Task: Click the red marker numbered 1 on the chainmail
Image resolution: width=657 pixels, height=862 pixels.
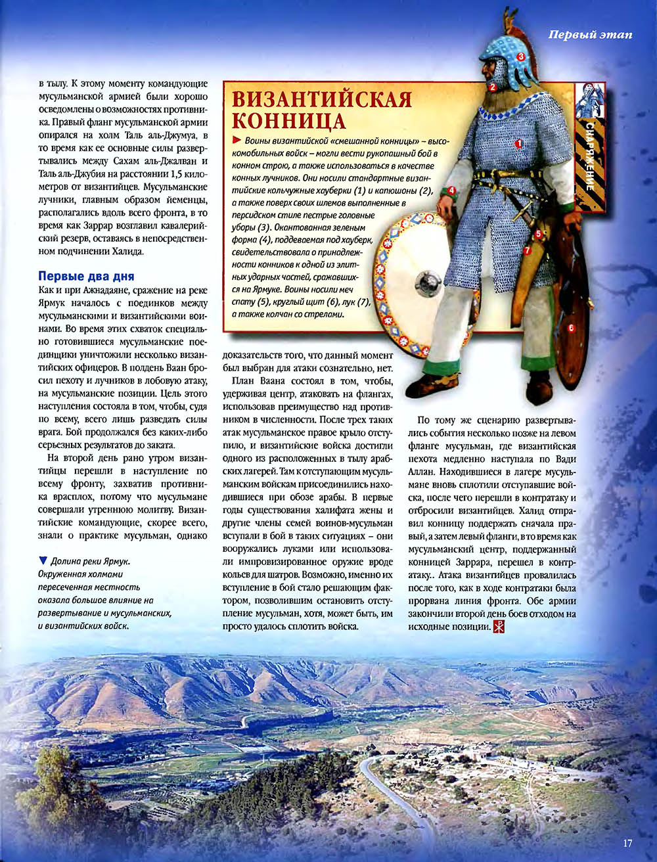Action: (518, 143)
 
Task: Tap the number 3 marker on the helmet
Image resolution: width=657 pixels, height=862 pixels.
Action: (520, 57)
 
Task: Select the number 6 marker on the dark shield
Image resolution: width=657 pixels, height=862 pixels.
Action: (571, 327)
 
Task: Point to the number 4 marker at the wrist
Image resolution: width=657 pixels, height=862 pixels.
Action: (452, 191)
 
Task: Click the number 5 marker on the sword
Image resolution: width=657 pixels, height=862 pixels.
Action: (537, 233)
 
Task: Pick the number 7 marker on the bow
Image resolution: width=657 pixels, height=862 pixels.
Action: (527, 250)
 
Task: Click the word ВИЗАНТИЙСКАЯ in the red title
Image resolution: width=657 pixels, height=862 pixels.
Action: (323, 99)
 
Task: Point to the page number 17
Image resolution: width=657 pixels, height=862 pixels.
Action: (627, 843)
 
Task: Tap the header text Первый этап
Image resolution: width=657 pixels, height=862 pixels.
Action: (590, 35)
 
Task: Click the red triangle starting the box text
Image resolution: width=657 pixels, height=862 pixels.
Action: (237, 141)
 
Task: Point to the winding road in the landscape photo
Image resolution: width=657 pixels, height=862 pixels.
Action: (388, 788)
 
